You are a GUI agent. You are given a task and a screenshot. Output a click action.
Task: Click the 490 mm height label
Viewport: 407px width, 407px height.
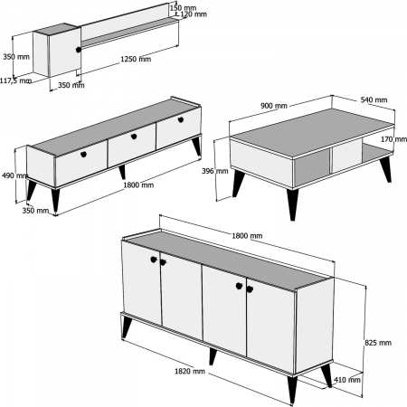pyautogui.click(x=11, y=175)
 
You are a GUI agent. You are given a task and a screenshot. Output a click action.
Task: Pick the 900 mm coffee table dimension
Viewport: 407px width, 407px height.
pyautogui.click(x=274, y=106)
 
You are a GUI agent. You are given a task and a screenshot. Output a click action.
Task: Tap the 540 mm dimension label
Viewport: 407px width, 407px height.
pyautogui.click(x=374, y=100)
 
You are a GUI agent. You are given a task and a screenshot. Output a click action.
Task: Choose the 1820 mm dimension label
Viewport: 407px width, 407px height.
pyautogui.click(x=191, y=371)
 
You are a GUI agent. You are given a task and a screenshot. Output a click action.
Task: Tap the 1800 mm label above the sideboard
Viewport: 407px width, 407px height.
pyautogui.click(x=248, y=236)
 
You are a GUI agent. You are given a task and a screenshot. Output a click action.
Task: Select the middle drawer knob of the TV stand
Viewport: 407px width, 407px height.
pyautogui.click(x=133, y=137)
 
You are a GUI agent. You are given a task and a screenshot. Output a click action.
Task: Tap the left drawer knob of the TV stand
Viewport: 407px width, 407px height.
pyautogui.click(x=84, y=154)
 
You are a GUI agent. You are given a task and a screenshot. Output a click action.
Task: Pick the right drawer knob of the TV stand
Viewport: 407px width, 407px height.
pyautogui.click(x=179, y=121)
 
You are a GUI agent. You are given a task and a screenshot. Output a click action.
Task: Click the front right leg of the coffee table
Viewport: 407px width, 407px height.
pyautogui.click(x=292, y=203)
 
